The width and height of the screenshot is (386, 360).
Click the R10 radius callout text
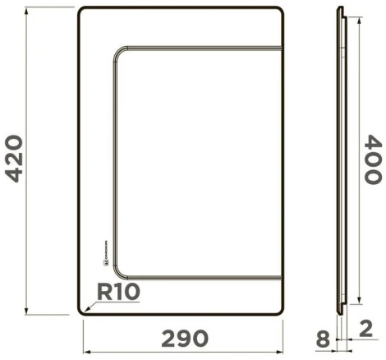pyautogui.click(x=118, y=292)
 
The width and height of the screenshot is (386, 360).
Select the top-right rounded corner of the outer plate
pyautogui.click(x=280, y=12)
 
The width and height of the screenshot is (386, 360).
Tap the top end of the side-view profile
pyautogui.click(x=341, y=9)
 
